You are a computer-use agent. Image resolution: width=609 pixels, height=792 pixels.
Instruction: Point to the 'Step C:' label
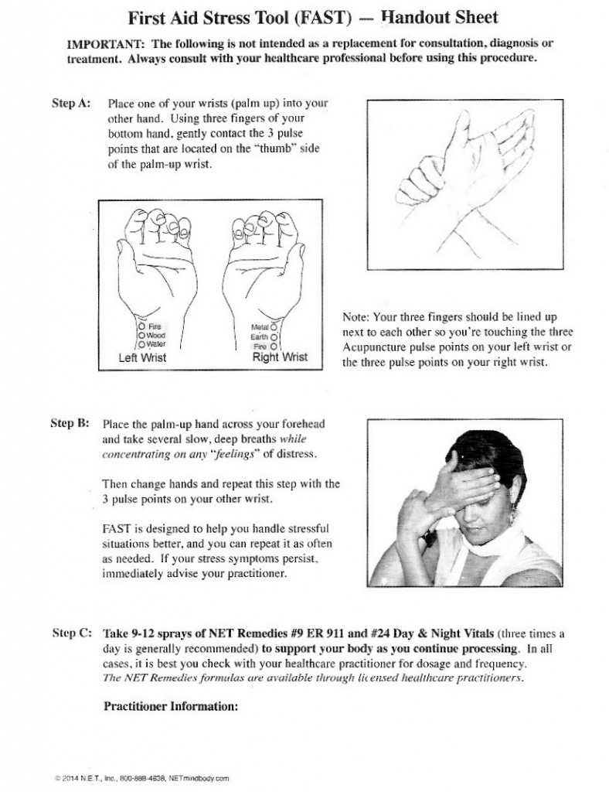pos(72,631)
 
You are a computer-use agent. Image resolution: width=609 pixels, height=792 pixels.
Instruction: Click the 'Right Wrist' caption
pos(280,357)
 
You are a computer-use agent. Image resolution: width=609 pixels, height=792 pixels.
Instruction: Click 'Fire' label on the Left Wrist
pos(154,326)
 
